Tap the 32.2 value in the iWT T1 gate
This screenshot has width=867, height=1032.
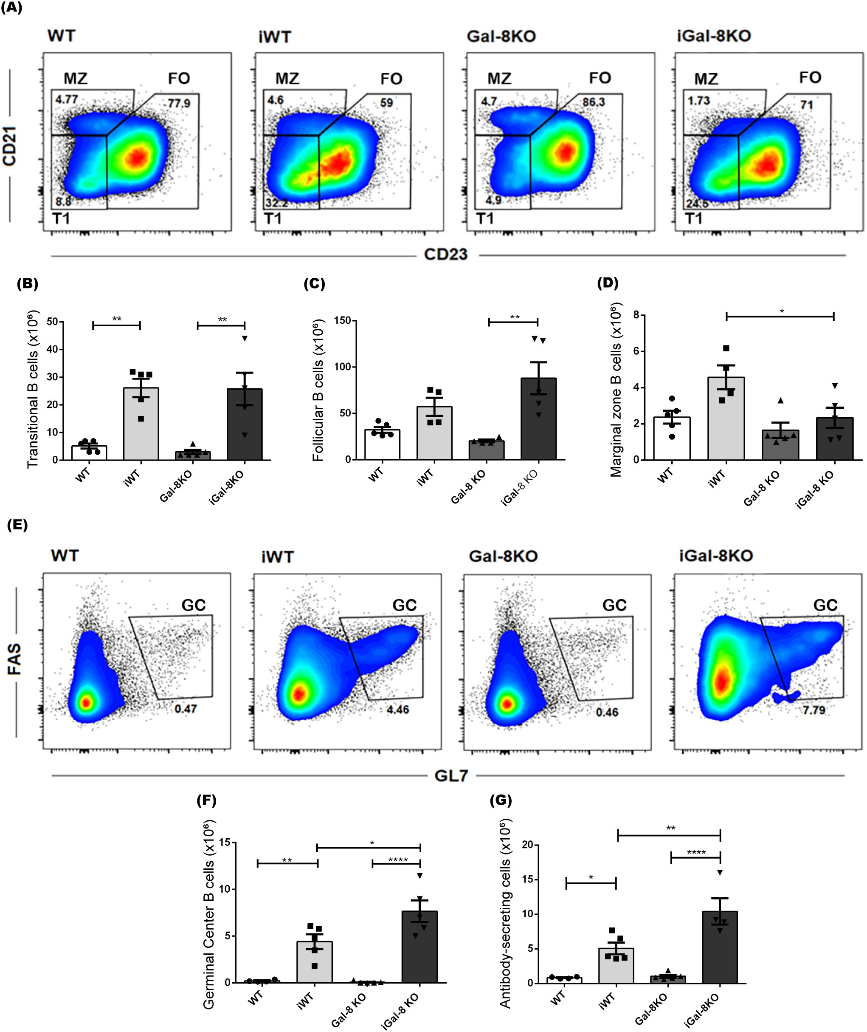[x=277, y=202]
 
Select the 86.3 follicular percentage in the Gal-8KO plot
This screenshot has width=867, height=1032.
[x=593, y=102]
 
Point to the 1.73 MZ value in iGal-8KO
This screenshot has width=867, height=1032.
[x=698, y=101]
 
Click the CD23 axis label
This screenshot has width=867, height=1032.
[x=445, y=254]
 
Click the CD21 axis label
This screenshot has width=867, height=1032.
[x=10, y=146]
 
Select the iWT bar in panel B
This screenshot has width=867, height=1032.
[x=141, y=424]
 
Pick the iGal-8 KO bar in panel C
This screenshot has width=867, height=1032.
[x=538, y=418]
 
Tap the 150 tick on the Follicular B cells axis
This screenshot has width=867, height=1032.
[x=342, y=321]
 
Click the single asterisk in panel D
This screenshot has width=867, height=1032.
[x=782, y=311]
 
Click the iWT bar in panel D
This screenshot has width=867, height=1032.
[x=726, y=418]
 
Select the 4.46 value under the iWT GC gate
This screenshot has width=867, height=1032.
[x=397, y=710]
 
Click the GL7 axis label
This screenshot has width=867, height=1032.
[x=451, y=776]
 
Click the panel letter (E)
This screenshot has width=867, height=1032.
[x=17, y=525]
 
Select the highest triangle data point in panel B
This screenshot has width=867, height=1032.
[x=244, y=338]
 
